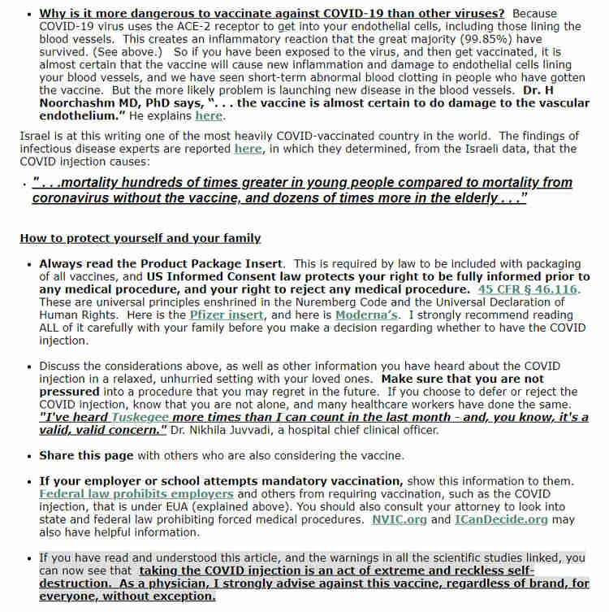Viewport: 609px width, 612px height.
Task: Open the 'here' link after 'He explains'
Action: [209, 116]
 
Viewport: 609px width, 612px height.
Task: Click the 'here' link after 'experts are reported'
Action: [248, 149]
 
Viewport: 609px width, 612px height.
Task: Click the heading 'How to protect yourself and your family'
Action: [140, 238]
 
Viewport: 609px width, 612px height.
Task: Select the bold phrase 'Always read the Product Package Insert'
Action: [162, 264]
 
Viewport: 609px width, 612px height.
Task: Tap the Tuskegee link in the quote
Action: [139, 417]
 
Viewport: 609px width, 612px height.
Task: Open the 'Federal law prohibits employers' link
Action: [136, 494]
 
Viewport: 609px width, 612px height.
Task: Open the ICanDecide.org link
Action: [501, 519]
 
